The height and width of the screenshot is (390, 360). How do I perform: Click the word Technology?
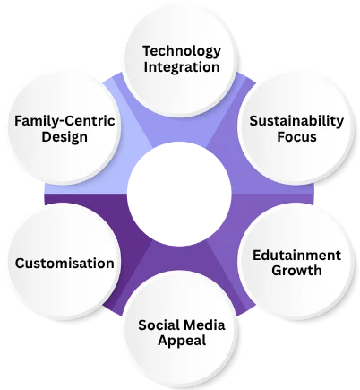point(182,51)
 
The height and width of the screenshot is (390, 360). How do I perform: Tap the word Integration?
point(182,67)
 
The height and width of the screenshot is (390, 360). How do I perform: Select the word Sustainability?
point(296,121)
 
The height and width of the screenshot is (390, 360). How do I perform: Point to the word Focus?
point(296,136)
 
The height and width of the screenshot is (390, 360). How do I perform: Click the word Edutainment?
point(296,256)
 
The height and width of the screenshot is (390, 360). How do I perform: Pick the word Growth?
point(296,271)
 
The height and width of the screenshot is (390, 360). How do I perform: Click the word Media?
point(204,325)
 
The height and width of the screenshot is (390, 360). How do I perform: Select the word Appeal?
point(182,341)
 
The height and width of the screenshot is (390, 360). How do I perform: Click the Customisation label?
point(64,264)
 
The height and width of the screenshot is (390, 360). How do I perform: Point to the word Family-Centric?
point(64,121)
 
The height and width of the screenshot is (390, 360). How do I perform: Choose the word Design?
point(64,137)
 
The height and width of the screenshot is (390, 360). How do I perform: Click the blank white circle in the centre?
point(179,194)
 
